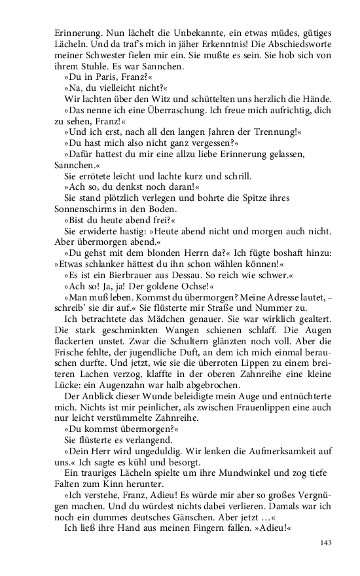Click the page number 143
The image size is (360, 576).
coord(324,543)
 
